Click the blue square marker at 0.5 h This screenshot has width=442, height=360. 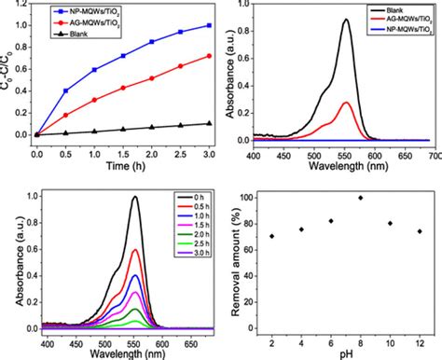(x=64, y=90)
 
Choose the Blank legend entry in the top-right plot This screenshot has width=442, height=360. (x=400, y=8)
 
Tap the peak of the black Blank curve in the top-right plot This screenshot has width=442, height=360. (x=346, y=20)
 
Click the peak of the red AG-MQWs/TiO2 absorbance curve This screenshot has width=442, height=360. (x=346, y=103)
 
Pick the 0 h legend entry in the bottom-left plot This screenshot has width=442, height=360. (x=187, y=196)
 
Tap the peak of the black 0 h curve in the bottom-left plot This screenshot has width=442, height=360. (x=135, y=197)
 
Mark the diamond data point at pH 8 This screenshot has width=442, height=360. (x=360, y=198)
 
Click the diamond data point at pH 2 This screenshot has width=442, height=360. (x=271, y=236)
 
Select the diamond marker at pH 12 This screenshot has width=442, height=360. (x=420, y=231)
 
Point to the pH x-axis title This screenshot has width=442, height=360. (x=346, y=353)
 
